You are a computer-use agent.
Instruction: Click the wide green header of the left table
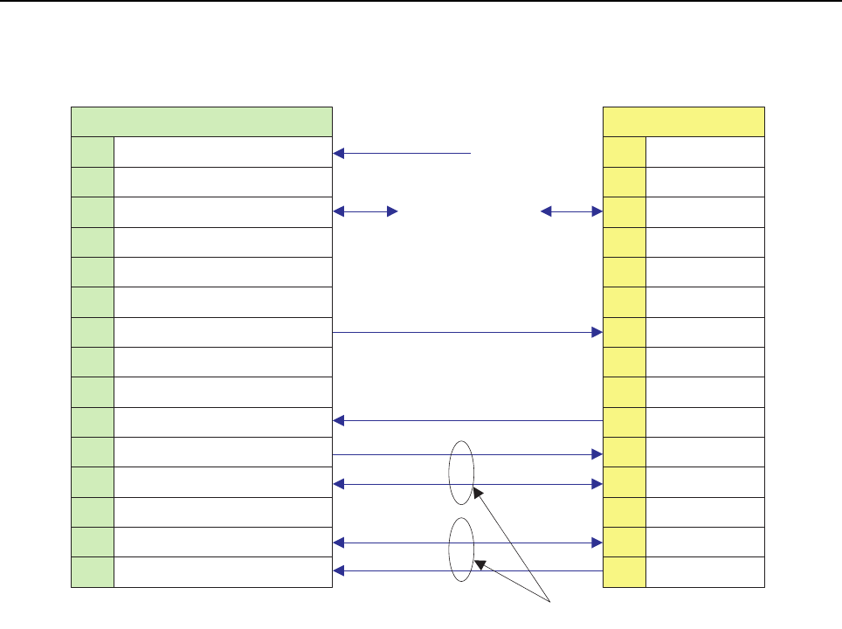(201, 121)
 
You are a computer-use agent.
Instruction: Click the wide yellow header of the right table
(684, 121)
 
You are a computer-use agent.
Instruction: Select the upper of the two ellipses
(462, 472)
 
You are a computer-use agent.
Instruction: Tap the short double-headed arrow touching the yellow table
(572, 211)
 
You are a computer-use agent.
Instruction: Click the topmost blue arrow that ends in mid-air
(402, 153)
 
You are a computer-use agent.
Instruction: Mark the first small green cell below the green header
(93, 152)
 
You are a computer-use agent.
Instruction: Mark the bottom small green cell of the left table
(93, 572)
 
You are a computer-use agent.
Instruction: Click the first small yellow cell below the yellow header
(625, 152)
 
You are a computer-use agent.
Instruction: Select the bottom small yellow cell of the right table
(625, 572)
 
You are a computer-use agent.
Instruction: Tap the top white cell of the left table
(223, 152)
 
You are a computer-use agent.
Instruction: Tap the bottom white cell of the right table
(706, 572)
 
